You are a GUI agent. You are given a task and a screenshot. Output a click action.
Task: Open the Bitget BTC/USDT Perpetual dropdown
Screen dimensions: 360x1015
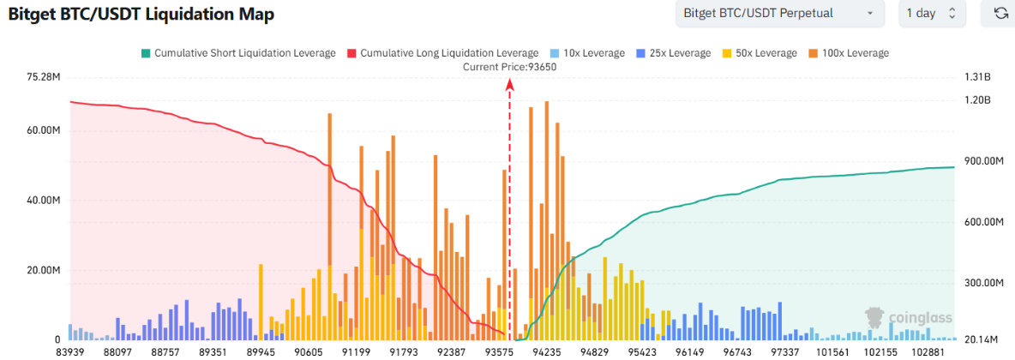click(x=778, y=14)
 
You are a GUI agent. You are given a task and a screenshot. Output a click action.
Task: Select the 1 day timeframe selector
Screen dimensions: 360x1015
click(x=931, y=14)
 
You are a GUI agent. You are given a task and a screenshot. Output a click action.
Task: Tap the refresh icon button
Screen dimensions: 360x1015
click(x=1000, y=14)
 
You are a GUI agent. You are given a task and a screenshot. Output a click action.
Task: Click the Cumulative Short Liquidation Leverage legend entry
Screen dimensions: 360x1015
click(x=237, y=53)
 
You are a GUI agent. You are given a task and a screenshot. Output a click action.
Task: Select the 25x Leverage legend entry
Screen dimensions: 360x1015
click(x=675, y=53)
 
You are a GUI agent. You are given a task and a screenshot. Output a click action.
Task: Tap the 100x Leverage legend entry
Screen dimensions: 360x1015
click(x=848, y=53)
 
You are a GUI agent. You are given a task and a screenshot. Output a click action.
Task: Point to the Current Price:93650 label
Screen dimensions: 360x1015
click(x=509, y=67)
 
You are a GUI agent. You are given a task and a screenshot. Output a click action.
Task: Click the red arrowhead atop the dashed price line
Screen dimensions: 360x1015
click(x=510, y=84)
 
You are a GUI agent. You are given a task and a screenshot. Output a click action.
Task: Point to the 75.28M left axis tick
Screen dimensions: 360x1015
click(x=44, y=77)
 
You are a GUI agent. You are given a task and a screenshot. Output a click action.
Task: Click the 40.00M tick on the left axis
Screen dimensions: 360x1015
click(x=44, y=201)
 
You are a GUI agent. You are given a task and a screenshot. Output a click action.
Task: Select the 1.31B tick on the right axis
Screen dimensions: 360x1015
click(x=976, y=77)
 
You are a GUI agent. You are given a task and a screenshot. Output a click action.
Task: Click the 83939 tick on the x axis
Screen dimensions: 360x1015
click(x=70, y=351)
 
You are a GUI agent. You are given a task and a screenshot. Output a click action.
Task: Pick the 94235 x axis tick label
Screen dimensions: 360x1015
click(x=547, y=351)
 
